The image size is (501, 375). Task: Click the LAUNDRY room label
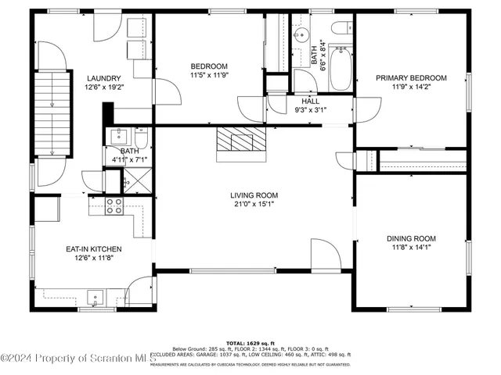point(103,78)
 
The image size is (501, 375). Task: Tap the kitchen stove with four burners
point(114,205)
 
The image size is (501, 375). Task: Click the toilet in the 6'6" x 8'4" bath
point(342,28)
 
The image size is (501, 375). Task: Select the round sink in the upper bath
point(301,34)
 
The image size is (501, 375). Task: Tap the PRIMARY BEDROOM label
point(411,78)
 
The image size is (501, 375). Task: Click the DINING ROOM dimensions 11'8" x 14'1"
point(411,248)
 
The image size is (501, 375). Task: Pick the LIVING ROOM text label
point(254,195)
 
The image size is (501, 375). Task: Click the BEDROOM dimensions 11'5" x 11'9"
point(208,76)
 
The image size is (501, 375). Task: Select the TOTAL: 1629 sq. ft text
point(251,343)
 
